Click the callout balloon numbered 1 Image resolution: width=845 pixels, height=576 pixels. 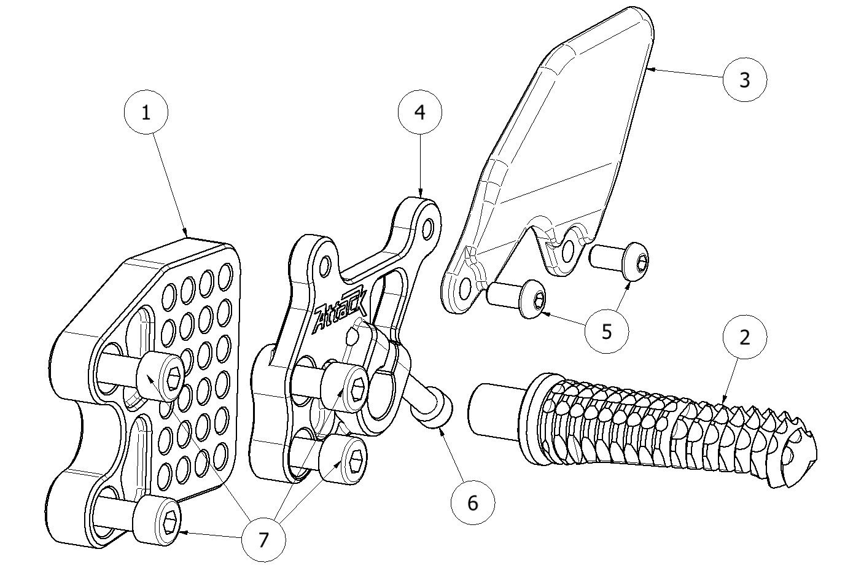pyautogui.click(x=146, y=113)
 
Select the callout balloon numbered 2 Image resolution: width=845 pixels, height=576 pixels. pyautogui.click(x=744, y=337)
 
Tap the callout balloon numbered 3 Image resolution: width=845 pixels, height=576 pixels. pyautogui.click(x=744, y=79)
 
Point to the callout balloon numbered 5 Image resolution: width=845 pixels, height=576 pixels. pyautogui.click(x=607, y=331)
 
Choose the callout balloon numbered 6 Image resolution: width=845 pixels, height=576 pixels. pyautogui.click(x=472, y=503)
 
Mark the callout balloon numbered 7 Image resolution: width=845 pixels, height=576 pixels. pyautogui.click(x=263, y=540)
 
